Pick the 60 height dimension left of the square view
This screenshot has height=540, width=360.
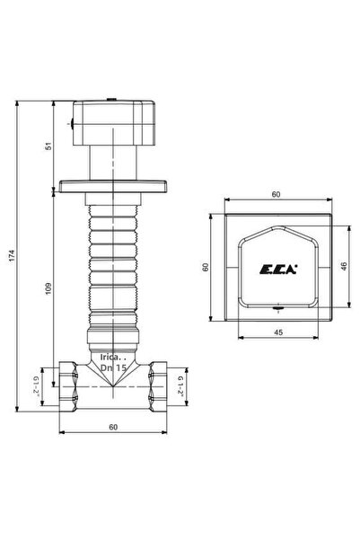click(205, 267)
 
